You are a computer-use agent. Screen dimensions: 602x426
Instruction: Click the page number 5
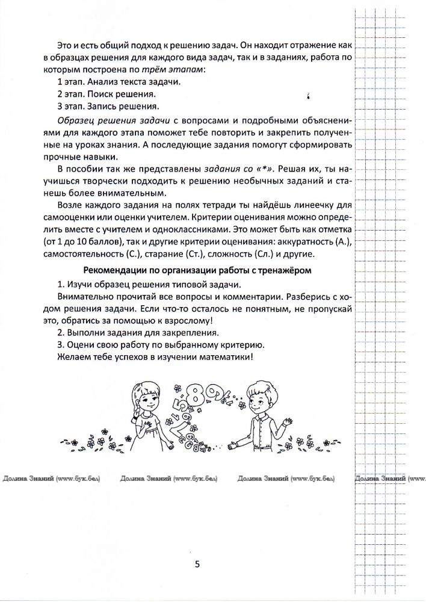(197, 563)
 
